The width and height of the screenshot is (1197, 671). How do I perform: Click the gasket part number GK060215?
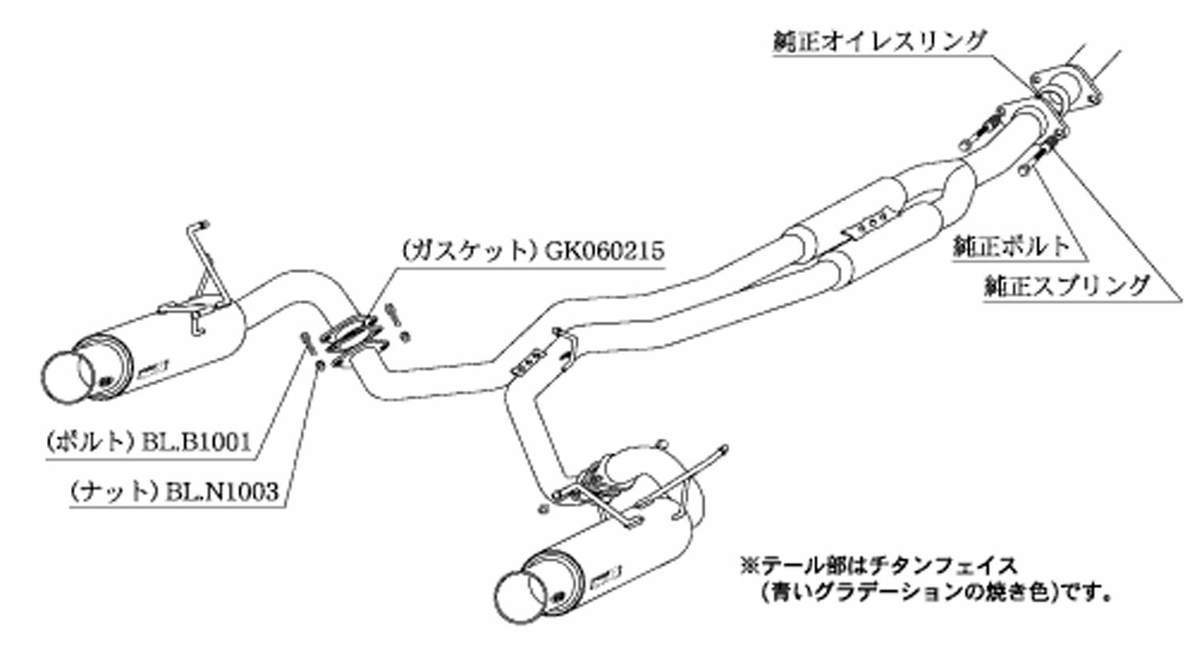coord(604,250)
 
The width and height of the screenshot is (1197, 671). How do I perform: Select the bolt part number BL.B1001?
coord(196,442)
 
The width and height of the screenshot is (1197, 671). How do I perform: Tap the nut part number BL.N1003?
coord(223,491)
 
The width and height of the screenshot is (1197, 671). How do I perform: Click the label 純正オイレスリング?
coord(880,41)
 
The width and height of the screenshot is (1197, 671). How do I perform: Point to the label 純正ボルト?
coord(1012,246)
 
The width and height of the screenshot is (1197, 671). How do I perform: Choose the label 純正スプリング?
coord(1067,286)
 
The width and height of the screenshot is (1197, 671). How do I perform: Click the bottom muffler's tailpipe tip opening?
coord(521,598)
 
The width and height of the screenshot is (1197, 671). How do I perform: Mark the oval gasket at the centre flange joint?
coord(350,335)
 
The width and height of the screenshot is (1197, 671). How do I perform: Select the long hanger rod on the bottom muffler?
coord(678,476)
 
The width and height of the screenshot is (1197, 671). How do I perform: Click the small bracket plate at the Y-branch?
coord(527,362)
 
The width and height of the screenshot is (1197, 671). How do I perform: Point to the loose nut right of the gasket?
coord(405,337)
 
